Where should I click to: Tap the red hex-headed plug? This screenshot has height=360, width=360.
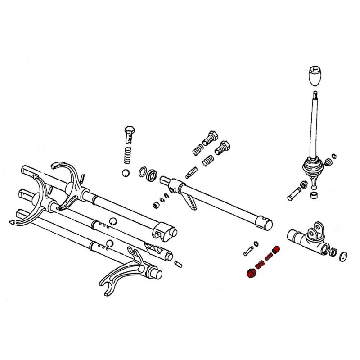(251, 273)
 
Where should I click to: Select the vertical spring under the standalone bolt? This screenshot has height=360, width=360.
(127, 154)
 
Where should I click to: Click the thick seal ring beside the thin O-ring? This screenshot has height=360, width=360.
(152, 175)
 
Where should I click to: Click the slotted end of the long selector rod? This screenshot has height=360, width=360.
(265, 221)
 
